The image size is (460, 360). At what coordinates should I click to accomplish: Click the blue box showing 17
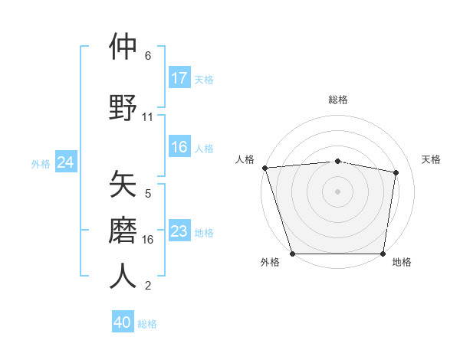pos(179,78)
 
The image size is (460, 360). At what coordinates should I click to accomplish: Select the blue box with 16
pos(179,148)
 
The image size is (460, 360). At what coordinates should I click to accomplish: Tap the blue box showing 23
pos(179,231)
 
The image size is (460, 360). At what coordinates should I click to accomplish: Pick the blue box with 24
pos(65,162)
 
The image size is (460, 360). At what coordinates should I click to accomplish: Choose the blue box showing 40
pos(123,323)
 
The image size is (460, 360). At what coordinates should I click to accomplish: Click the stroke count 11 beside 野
pos(148,117)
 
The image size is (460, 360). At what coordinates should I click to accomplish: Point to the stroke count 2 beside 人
pos(148,286)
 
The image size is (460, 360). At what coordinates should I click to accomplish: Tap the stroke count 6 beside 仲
pos(148,56)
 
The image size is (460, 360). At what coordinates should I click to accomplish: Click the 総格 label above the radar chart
pos(338,100)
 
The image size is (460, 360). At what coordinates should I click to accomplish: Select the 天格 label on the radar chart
pos(431,159)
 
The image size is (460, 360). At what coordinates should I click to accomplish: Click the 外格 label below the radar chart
pos(270,262)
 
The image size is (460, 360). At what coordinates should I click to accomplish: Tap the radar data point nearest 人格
pos(264,168)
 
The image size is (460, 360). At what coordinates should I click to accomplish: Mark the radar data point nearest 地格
pos(383,253)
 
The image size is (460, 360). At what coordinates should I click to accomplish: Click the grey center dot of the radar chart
pos(337,191)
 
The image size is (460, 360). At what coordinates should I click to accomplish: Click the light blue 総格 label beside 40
pos(147,324)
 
